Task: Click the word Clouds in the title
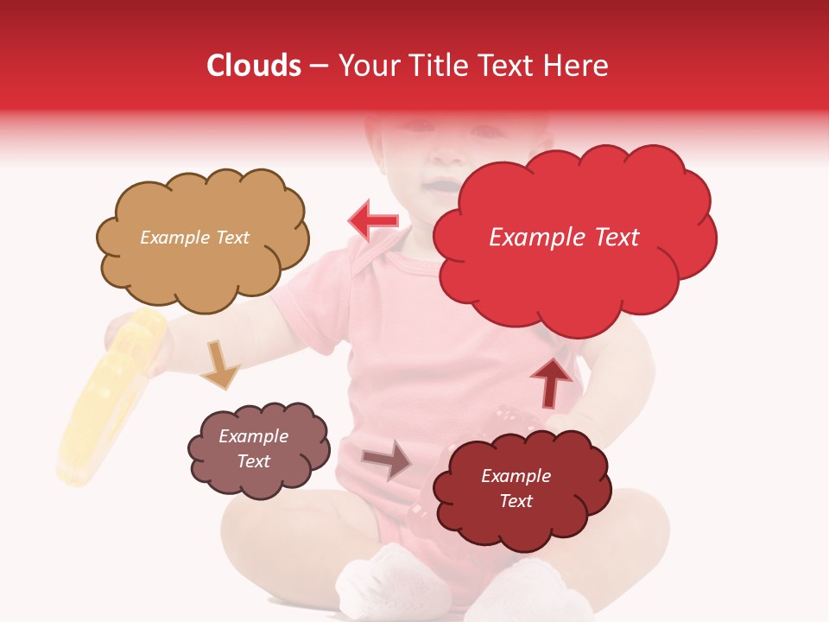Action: (254, 66)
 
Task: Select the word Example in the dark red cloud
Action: (516, 476)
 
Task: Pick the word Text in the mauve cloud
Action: (253, 461)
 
